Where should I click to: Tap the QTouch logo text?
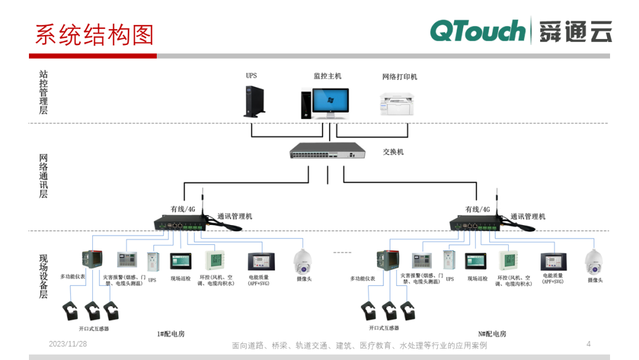tap(477, 31)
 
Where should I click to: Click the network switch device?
tap(326, 152)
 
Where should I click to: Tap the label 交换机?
tap(393, 152)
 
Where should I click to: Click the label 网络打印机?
tap(399, 77)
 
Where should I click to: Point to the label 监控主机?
tap(327, 76)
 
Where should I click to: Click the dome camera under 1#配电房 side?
tap(304, 261)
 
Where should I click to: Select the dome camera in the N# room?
tap(593, 261)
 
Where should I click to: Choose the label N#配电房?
tap(492, 334)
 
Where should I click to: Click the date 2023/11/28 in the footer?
tap(67, 344)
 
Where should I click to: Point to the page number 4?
tap(588, 344)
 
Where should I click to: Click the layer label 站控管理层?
tap(43, 92)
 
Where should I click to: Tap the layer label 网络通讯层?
tap(43, 176)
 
